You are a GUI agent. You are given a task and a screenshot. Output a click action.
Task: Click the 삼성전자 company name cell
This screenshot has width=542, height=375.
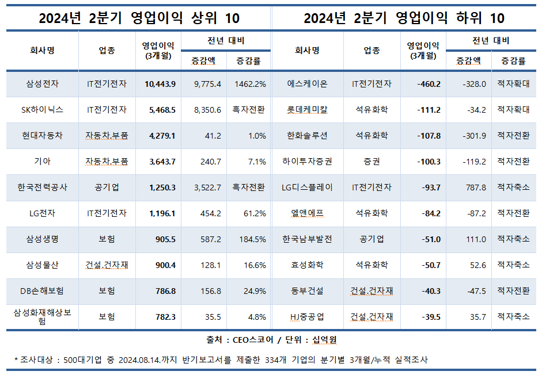42,84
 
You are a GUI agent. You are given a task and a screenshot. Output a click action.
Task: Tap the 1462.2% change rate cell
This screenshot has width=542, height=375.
250,84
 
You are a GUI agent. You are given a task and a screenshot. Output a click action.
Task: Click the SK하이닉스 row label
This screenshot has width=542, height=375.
42,109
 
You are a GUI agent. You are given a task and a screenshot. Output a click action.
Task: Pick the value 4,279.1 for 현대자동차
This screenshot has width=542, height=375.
162,136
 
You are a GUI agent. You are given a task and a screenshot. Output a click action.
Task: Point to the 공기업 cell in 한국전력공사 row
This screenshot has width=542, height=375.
107,187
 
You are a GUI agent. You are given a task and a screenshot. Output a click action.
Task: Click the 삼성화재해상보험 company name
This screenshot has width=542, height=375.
42,316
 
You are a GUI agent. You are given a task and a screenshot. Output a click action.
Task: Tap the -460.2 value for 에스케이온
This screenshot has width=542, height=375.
429,84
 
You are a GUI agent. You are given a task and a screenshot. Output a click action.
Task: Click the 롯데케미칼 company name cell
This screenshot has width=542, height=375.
307,109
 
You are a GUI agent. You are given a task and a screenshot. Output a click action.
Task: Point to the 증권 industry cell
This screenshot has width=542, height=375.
372,162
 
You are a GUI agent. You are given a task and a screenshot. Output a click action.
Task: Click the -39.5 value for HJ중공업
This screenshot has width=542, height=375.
430,317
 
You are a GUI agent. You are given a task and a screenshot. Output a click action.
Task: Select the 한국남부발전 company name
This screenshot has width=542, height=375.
307,239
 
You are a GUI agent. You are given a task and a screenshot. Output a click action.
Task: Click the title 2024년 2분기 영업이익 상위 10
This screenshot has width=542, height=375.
139,18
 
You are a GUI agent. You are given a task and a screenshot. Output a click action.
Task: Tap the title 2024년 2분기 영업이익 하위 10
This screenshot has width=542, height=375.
404,18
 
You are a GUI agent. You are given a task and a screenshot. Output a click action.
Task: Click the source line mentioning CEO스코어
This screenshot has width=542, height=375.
271,340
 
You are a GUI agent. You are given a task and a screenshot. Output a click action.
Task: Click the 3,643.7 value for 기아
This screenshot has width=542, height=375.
162,162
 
